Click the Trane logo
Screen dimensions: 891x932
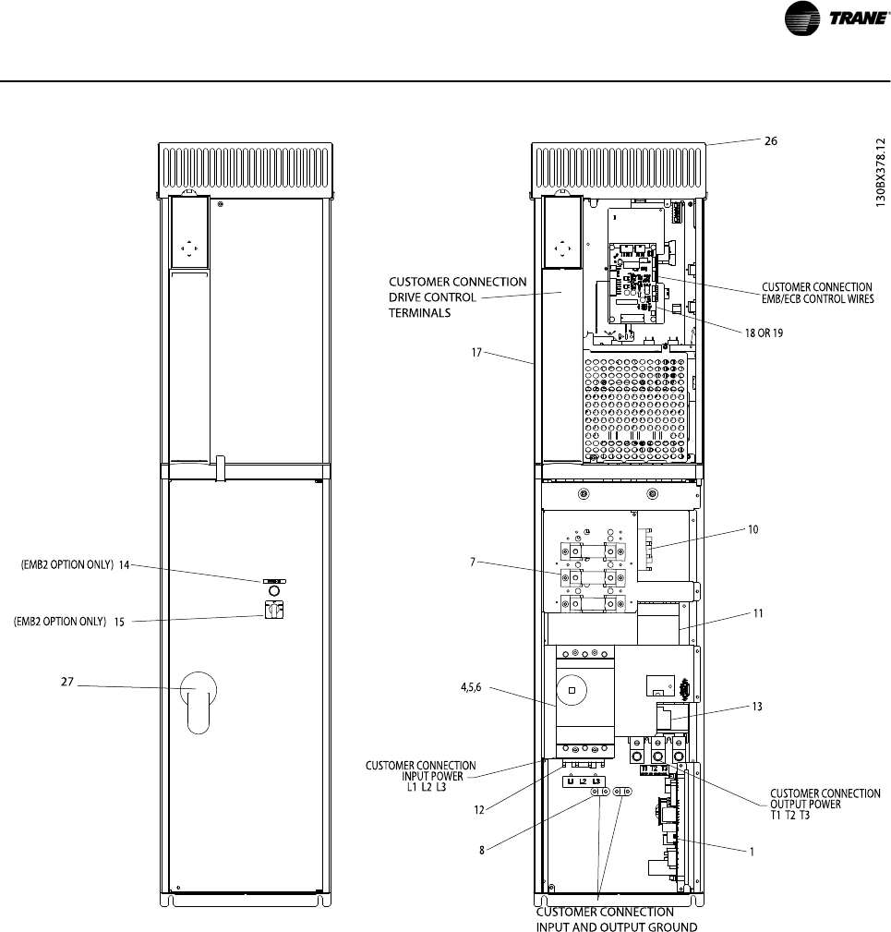[837, 18]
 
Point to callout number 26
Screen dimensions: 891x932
[770, 141]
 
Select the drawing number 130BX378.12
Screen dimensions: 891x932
[880, 173]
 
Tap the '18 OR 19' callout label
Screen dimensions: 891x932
[764, 333]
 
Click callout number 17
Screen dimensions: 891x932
[476, 353]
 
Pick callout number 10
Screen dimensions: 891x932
[753, 529]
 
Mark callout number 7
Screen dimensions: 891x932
[473, 562]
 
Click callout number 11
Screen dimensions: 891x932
[758, 613]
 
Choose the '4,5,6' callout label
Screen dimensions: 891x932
[471, 687]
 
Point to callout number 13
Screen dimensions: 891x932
[757, 706]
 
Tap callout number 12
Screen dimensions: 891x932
[479, 809]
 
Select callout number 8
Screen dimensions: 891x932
[482, 850]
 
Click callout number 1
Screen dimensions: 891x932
[752, 851]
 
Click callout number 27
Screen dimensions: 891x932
[67, 681]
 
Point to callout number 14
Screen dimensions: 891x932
[124, 564]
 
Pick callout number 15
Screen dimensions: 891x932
[119, 622]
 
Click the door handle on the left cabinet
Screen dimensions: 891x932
[199, 703]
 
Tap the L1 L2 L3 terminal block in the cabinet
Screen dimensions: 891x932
[584, 781]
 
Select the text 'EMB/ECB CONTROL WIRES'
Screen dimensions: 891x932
[818, 299]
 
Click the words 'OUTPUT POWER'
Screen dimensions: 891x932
[805, 805]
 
